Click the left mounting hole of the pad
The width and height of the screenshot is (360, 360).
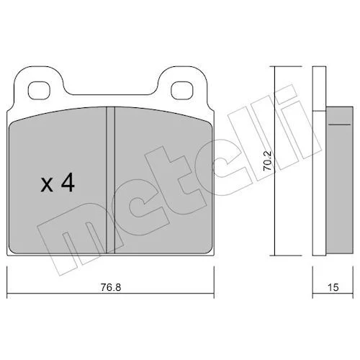39,90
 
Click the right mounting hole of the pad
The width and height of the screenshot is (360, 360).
181,90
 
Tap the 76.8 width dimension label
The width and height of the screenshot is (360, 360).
111,287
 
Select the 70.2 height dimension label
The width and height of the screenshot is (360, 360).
267,161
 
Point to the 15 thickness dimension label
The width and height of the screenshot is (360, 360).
333,287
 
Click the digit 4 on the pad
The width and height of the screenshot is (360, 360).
68,183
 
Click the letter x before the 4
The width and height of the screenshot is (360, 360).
47,185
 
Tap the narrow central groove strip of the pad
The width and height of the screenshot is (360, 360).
110,180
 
